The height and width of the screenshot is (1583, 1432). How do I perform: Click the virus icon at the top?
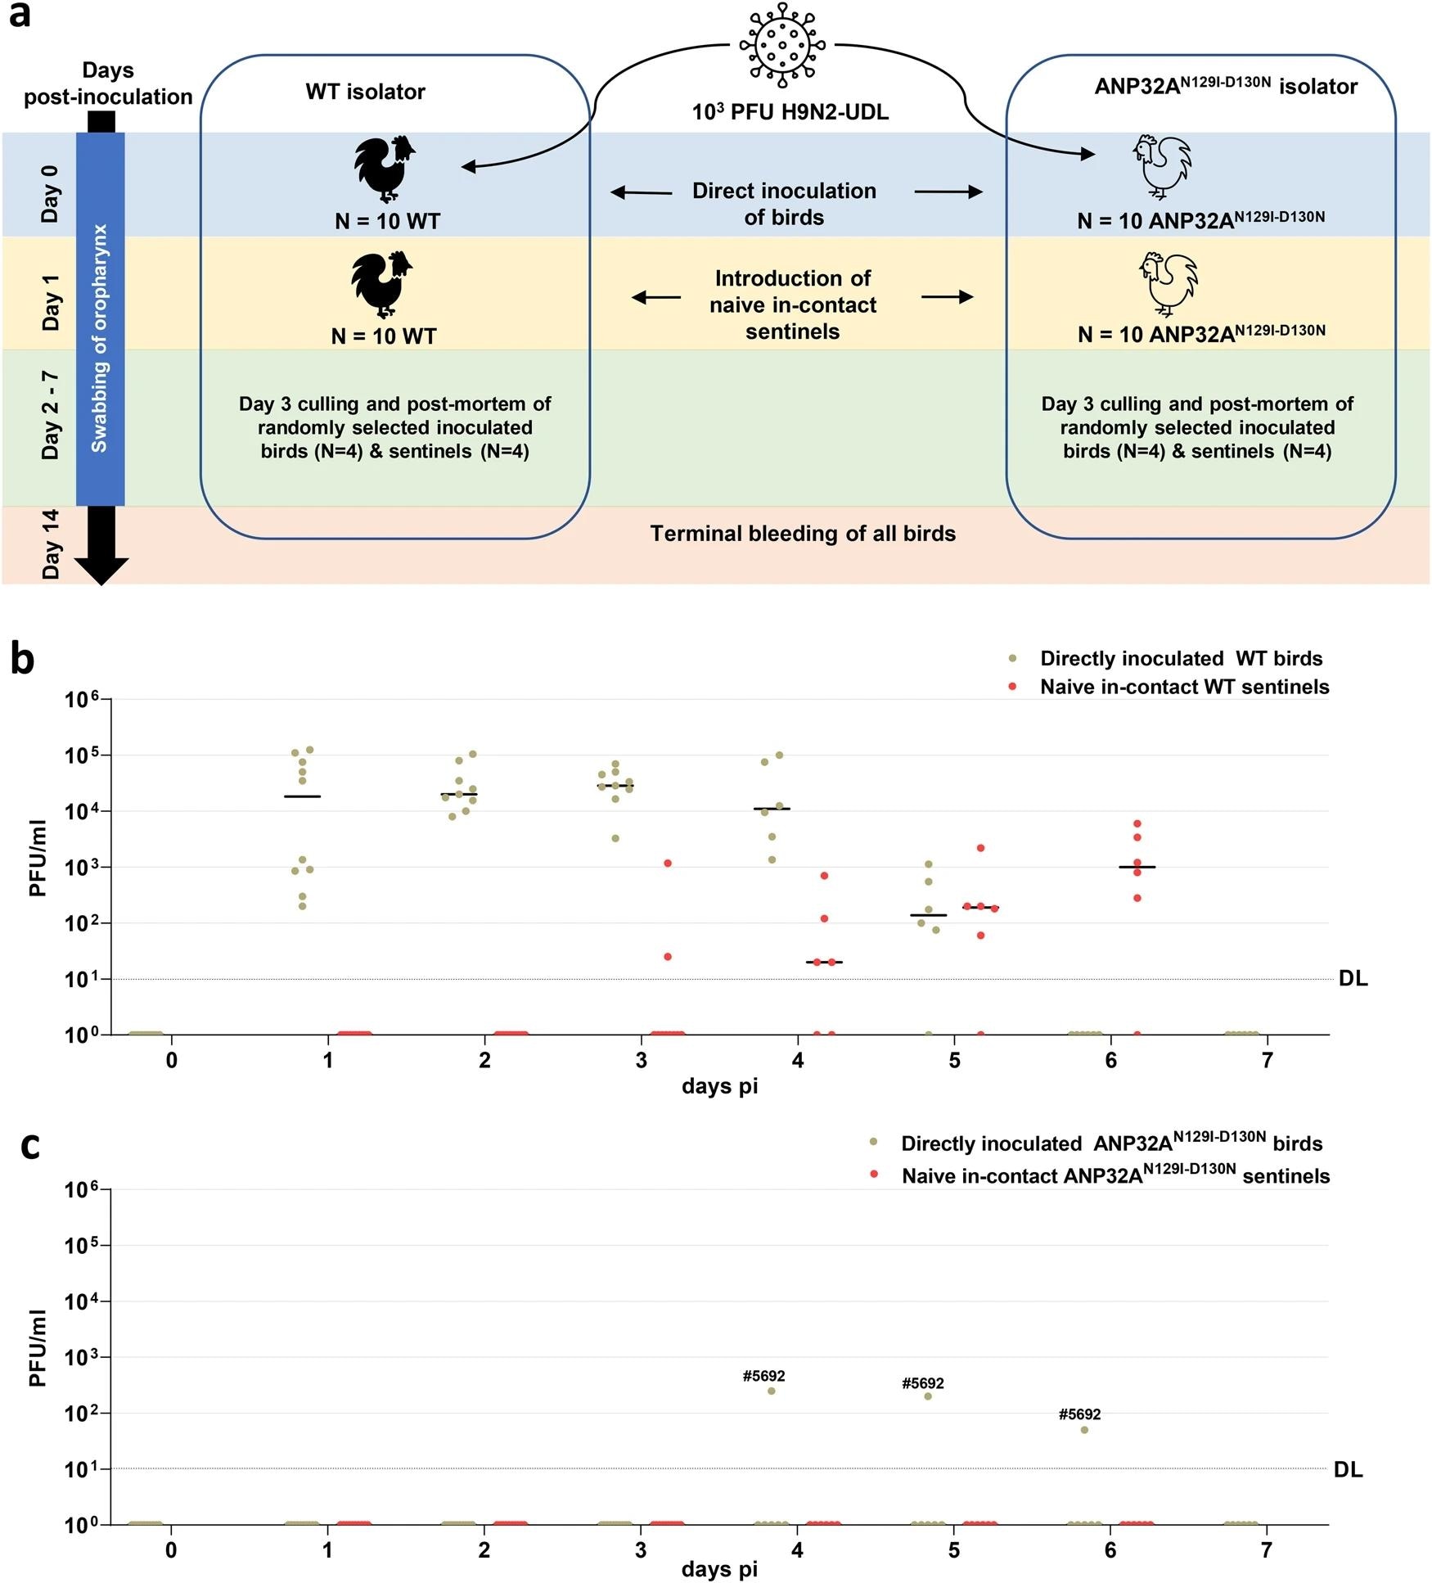(782, 46)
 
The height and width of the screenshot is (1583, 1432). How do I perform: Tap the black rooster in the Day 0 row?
(385, 169)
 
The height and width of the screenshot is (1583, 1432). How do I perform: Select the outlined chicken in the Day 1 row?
(1169, 283)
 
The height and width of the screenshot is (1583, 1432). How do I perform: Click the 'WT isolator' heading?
(365, 92)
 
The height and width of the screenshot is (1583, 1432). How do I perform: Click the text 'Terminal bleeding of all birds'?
(802, 534)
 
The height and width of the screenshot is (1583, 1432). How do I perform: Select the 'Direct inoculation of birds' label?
(784, 204)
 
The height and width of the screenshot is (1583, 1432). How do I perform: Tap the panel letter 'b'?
(22, 660)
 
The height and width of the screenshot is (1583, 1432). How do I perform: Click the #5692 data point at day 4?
(771, 1391)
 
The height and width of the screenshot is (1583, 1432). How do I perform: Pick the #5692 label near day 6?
(1079, 1414)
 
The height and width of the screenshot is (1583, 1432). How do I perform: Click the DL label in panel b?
(1353, 979)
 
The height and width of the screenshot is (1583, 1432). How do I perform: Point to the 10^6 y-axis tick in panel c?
(85, 1190)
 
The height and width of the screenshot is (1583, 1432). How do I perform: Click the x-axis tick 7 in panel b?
(1267, 1061)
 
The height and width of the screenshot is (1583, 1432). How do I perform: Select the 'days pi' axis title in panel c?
(719, 1569)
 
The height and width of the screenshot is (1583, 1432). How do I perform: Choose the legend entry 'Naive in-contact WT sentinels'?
(1184, 687)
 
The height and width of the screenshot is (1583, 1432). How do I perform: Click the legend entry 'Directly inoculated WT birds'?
(1181, 659)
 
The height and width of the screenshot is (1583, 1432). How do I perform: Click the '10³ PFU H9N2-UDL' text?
(790, 112)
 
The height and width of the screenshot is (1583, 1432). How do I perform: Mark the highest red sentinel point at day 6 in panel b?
(1137, 823)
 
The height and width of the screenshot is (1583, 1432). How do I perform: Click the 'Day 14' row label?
(51, 544)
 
